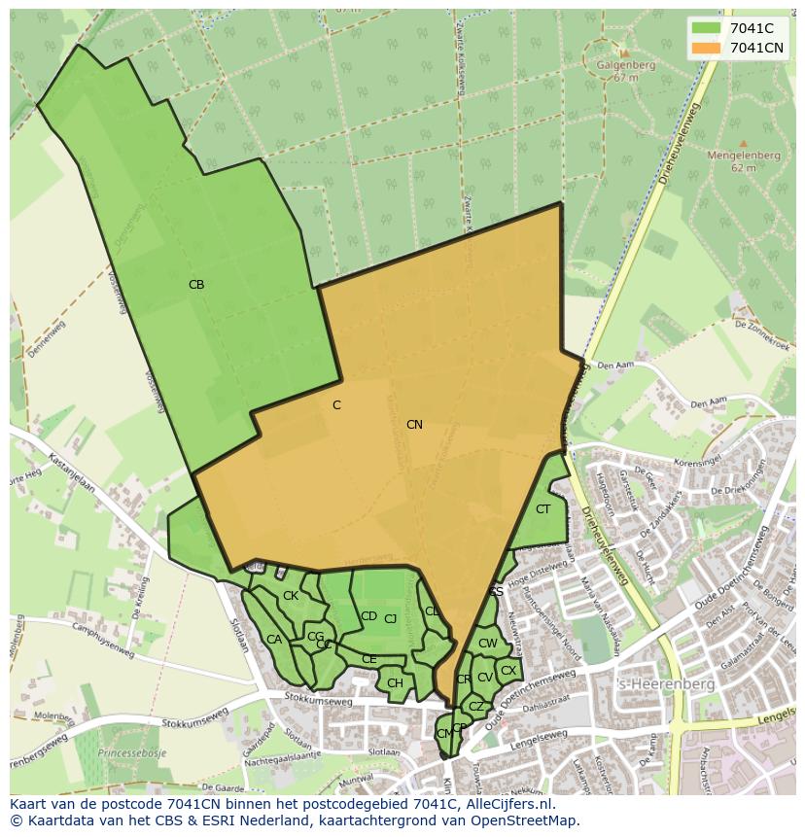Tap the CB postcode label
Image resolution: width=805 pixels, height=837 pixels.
196,285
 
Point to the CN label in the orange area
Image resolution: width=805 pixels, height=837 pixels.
414,425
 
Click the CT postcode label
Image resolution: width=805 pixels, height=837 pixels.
542,509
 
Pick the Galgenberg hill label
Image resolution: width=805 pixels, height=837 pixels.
627,66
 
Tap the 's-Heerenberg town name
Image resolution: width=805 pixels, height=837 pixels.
666,684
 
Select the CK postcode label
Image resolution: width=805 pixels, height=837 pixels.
291,596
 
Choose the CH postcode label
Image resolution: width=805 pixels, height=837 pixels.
395,683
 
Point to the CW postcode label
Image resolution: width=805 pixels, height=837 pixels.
488,644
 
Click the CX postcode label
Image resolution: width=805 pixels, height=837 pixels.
508,671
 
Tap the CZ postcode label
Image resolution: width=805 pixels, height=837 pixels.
476,707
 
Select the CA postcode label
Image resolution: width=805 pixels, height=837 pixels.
274,640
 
